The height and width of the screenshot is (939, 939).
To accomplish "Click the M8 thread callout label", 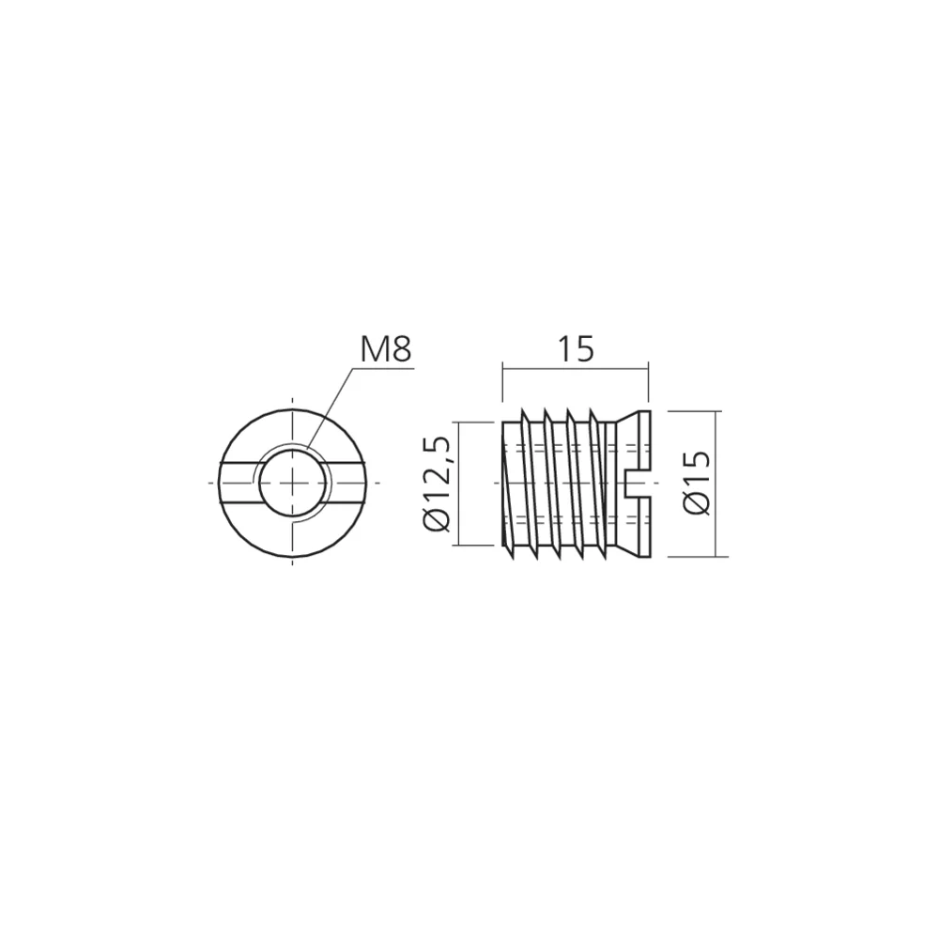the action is (x=385, y=349).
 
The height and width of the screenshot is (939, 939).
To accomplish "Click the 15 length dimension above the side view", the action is (x=576, y=349).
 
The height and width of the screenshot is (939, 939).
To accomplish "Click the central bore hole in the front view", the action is (x=293, y=483).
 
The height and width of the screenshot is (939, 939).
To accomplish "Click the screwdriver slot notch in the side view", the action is (x=638, y=483).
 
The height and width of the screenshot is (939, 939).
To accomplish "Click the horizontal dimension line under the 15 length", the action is (x=576, y=369).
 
